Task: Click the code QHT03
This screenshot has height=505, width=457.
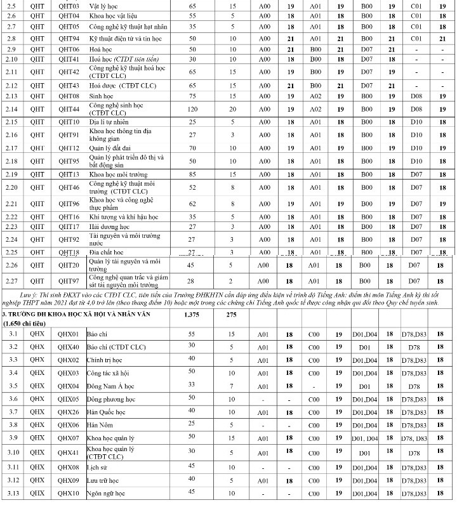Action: point(68,5)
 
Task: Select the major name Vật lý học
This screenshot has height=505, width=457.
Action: point(105,5)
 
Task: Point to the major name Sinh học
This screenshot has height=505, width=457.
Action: point(105,96)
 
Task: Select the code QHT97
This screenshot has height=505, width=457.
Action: point(68,280)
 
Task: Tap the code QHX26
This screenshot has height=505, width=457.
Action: point(68,412)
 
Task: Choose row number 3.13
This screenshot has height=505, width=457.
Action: point(11,493)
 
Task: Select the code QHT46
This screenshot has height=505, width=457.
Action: point(68,187)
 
